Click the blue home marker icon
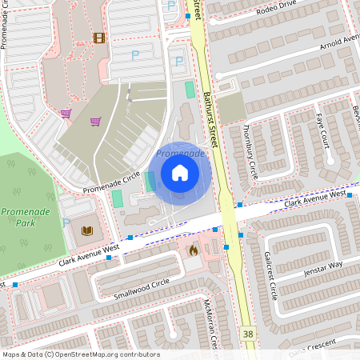pos(179,172)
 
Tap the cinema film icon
pos(99,38)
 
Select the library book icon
pos(86,231)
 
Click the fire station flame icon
pos(193,250)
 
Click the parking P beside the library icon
pos(66,223)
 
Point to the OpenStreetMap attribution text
pos(81,354)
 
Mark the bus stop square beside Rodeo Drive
pos(188,15)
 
